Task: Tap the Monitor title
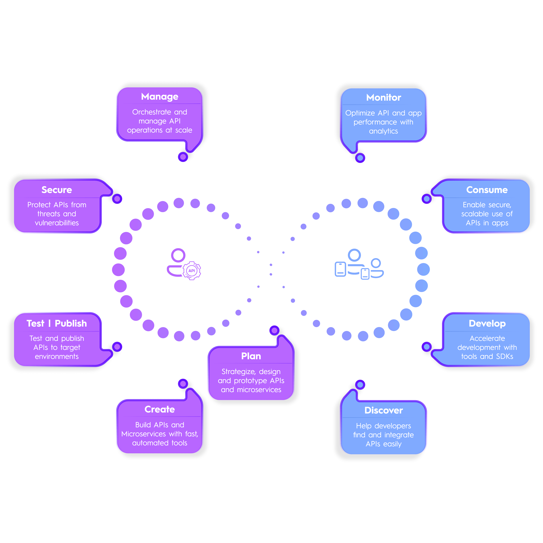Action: [383, 98]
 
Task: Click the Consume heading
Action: [487, 190]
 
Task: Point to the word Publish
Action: [71, 323]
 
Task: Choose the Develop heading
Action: [487, 323]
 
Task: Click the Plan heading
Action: [251, 356]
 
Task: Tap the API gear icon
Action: [192, 271]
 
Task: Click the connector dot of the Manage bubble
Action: [183, 157]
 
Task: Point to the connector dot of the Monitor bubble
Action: [360, 158]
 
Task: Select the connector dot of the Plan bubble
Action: [274, 330]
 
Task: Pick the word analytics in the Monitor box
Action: [383, 131]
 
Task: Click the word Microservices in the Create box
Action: [144, 434]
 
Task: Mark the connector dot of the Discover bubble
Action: [360, 384]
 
